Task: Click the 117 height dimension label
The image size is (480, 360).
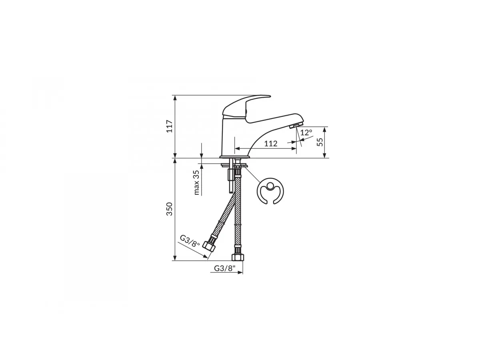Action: click(x=170, y=126)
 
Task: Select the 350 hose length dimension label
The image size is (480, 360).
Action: click(x=170, y=209)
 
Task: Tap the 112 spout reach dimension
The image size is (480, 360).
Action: click(x=271, y=144)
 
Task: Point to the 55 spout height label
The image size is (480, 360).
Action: click(x=320, y=142)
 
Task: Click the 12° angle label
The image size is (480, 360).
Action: click(x=306, y=132)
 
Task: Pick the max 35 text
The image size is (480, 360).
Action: click(x=196, y=182)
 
